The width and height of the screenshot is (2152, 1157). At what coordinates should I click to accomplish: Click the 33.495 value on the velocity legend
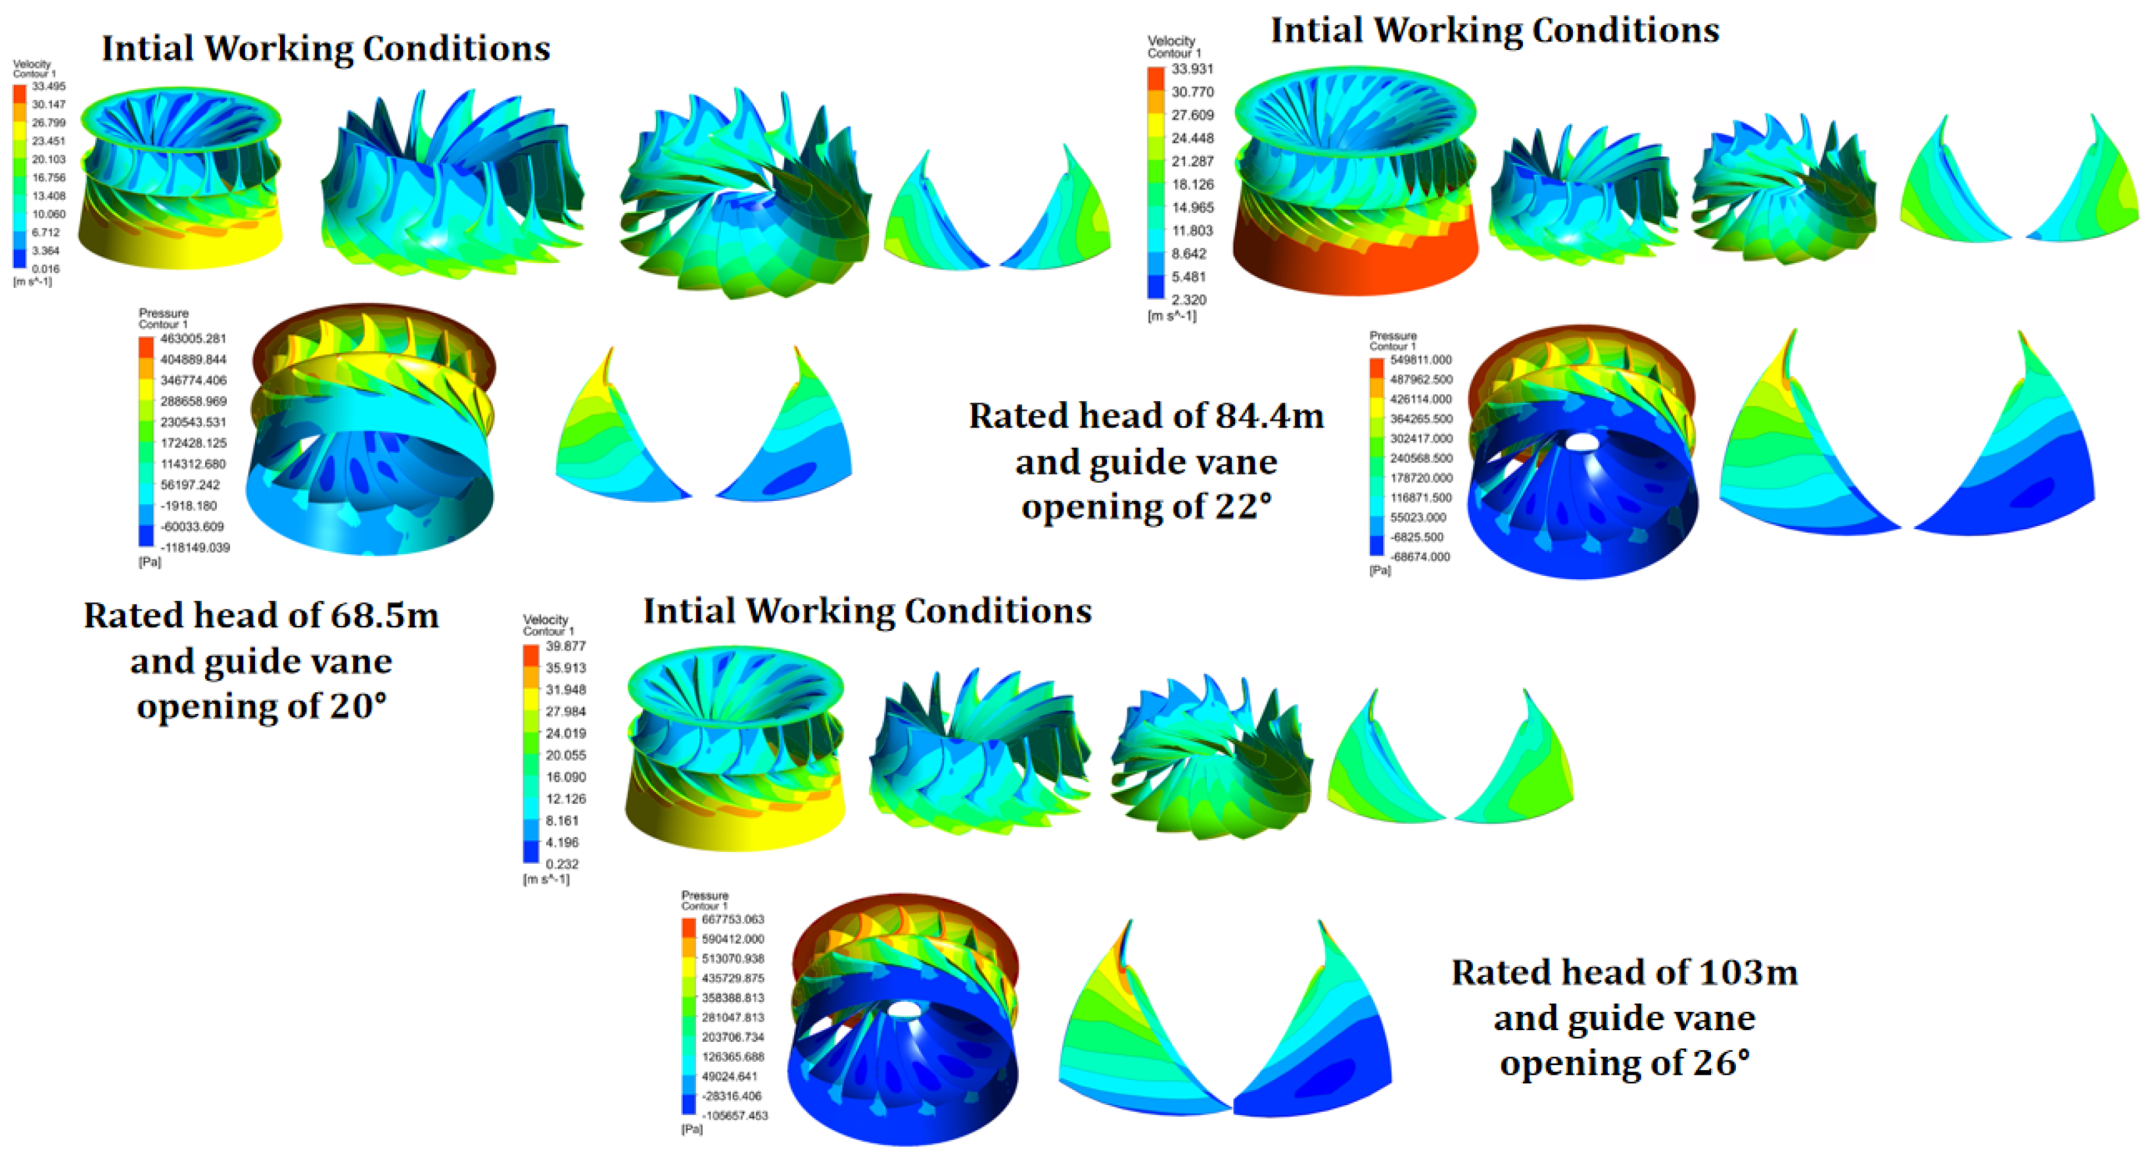(49, 86)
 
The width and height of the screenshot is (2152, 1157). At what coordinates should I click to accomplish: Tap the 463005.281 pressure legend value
(193, 339)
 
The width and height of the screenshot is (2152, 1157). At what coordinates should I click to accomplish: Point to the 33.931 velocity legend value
(1192, 68)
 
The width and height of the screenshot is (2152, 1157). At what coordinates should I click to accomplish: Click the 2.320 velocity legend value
(1189, 299)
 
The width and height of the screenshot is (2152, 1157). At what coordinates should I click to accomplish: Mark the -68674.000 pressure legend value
(1420, 556)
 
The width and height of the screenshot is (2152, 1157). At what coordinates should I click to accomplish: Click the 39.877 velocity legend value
(565, 646)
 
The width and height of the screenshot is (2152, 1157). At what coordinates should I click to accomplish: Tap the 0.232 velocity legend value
(562, 864)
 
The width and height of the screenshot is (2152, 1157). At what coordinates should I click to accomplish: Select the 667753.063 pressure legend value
(733, 919)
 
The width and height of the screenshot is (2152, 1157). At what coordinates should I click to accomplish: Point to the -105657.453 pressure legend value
(735, 1115)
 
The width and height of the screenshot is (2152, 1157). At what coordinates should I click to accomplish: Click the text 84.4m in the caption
(1269, 416)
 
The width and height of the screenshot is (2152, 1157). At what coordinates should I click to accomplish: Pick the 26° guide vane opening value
(1721, 1062)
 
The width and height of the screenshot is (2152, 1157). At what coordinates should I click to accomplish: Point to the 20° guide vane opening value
(358, 706)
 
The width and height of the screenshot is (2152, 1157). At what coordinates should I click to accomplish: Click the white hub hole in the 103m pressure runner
(902, 1009)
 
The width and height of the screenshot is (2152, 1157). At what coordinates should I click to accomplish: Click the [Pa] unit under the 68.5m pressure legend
(150, 562)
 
